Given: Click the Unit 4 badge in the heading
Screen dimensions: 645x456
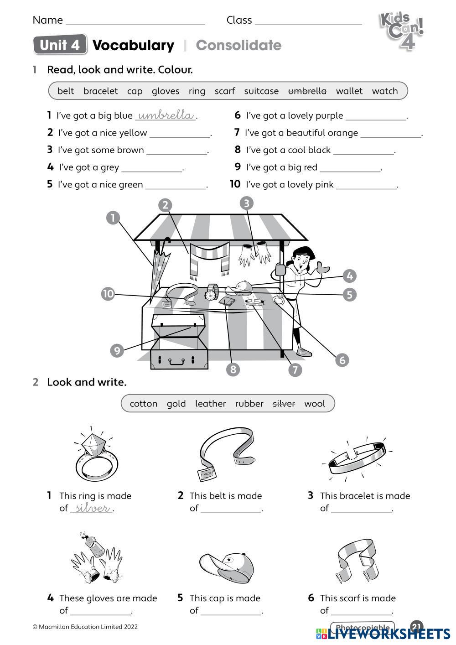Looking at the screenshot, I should (x=60, y=45).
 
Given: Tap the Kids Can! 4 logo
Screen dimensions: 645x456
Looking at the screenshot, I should (x=401, y=30).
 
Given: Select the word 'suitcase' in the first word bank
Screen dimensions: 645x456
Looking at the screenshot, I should (x=261, y=91).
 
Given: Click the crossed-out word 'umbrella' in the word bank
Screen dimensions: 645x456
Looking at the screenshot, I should (x=307, y=91).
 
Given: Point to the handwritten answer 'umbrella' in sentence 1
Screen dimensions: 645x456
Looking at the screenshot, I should (x=166, y=115).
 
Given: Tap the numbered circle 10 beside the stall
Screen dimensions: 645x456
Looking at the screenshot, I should (x=108, y=294).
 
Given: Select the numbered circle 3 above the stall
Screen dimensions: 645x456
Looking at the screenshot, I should (x=246, y=203).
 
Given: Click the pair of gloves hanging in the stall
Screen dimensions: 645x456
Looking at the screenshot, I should (x=255, y=253).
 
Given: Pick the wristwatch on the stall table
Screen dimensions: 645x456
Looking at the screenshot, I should (x=211, y=292).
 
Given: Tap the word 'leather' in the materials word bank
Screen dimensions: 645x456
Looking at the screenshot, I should (x=210, y=404).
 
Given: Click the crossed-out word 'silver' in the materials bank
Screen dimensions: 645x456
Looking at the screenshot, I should (x=284, y=404).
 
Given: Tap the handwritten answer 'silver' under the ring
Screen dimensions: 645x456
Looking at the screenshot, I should (x=92, y=508).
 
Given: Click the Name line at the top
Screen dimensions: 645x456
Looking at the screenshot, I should (x=135, y=21).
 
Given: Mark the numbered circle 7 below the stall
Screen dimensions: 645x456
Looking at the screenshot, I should (x=295, y=369).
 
